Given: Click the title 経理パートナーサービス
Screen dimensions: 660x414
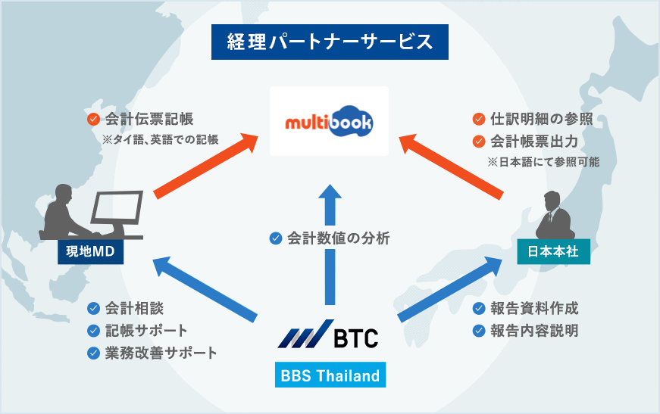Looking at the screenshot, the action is [330, 42].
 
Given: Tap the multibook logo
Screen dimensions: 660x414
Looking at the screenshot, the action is [329, 122].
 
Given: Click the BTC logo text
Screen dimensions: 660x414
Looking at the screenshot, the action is [356, 338].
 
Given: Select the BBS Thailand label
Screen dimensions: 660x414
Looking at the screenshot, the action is [330, 375].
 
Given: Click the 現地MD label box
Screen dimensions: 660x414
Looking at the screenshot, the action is [90, 251].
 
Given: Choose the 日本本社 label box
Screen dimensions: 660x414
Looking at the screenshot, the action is [553, 251].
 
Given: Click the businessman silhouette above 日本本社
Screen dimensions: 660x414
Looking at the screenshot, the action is [555, 215].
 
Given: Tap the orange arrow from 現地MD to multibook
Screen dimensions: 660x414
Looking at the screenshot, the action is [206, 166].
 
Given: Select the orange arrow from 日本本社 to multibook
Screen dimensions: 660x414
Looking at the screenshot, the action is [450, 167].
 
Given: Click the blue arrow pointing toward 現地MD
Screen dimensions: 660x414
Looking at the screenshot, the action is [205, 290].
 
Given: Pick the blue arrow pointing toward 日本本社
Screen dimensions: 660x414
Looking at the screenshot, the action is [450, 290].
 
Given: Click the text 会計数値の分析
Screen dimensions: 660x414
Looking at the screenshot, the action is [339, 238].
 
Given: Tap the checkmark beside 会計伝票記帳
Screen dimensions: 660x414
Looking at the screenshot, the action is [93, 119].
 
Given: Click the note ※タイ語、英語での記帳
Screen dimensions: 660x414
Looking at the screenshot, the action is [161, 139].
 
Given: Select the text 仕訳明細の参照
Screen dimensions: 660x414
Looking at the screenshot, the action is [542, 119].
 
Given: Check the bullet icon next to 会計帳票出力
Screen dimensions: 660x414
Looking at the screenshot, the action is [479, 142].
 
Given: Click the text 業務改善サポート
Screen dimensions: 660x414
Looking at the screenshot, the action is [161, 353].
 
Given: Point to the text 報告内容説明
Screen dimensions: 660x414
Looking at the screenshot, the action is [534, 330].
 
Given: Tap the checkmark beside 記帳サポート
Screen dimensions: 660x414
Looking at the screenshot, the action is [93, 330].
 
